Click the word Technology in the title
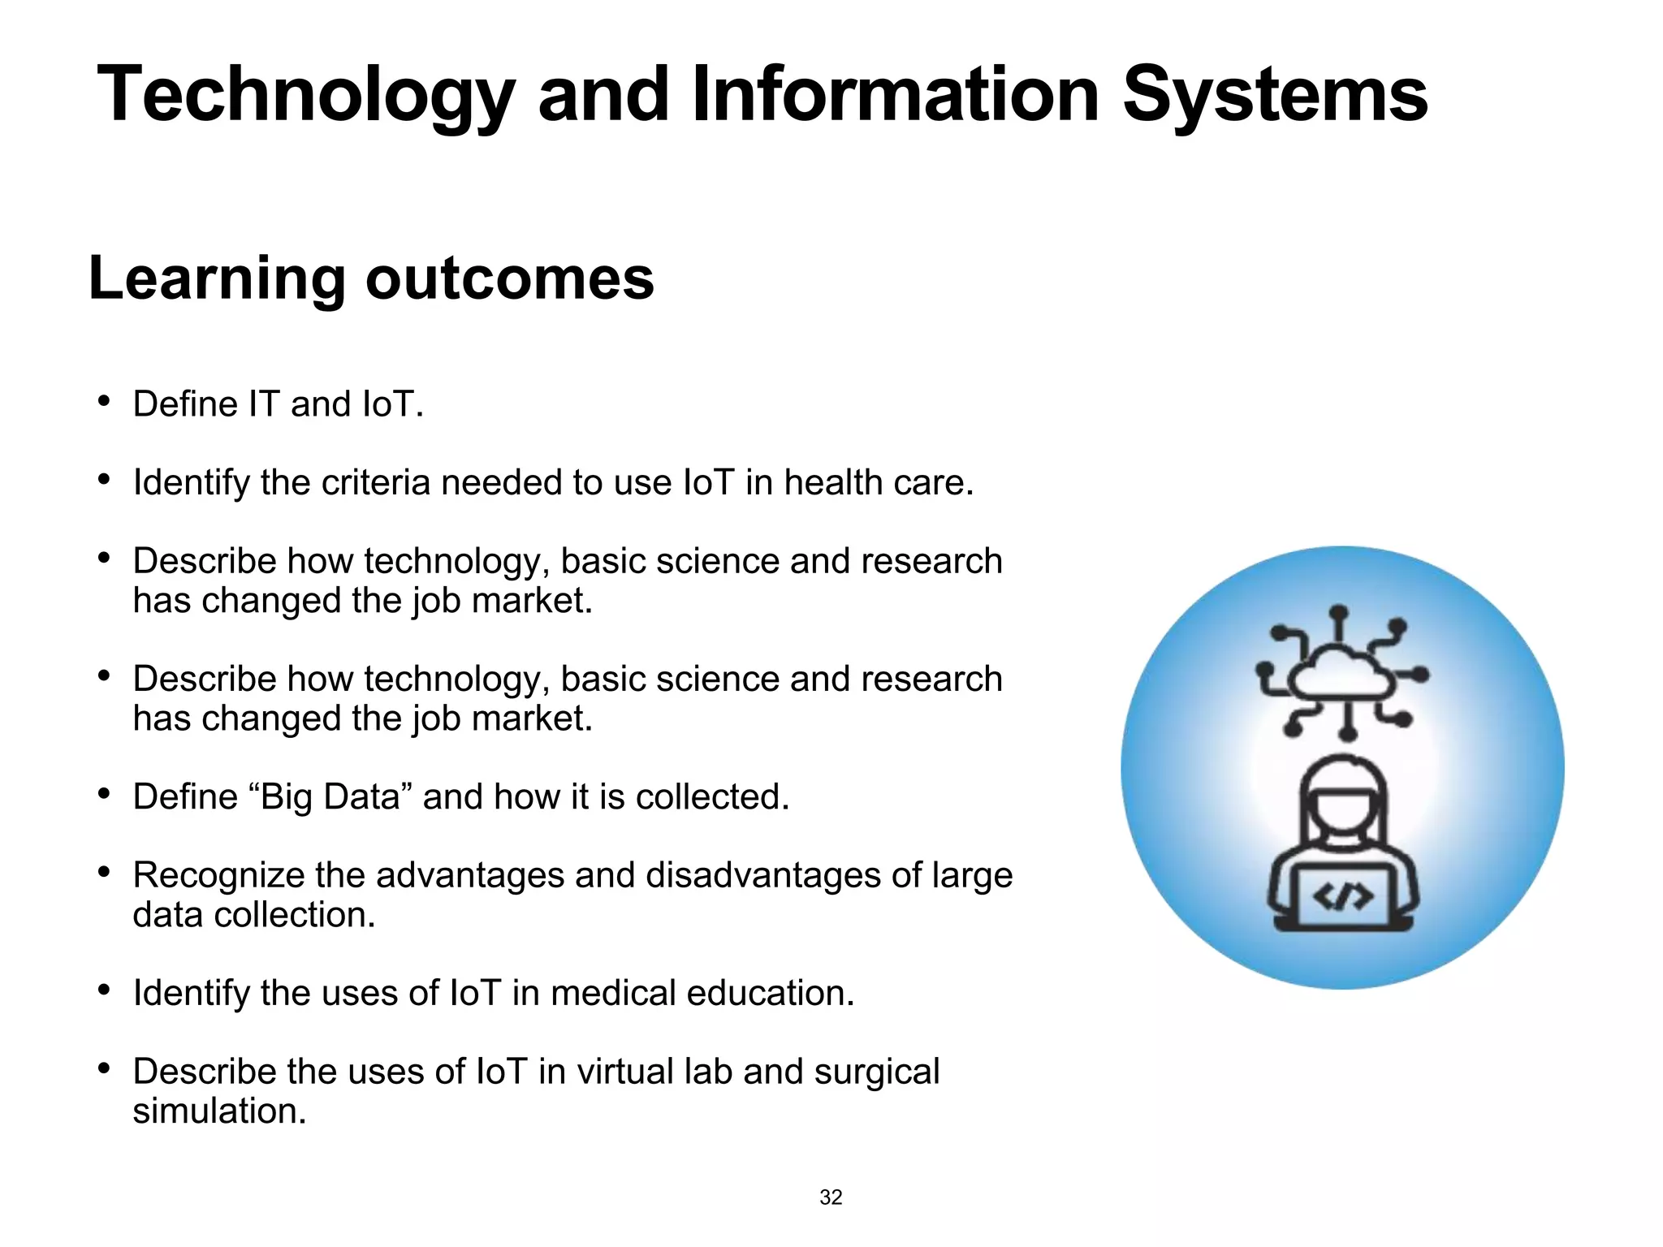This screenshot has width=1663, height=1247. tap(305, 96)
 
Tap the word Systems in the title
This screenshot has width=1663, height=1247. tap(1274, 96)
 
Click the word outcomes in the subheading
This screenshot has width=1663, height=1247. tap(509, 278)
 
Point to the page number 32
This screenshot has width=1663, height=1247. tap(831, 1197)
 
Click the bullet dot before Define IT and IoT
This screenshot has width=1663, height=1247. tap(103, 401)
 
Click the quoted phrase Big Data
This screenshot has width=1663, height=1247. tap(330, 796)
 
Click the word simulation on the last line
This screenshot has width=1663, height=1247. tap(219, 1111)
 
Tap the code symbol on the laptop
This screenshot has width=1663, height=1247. tap(1343, 896)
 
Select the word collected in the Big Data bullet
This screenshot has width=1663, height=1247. tap(711, 796)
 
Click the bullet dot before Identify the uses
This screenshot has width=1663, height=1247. tap(103, 990)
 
